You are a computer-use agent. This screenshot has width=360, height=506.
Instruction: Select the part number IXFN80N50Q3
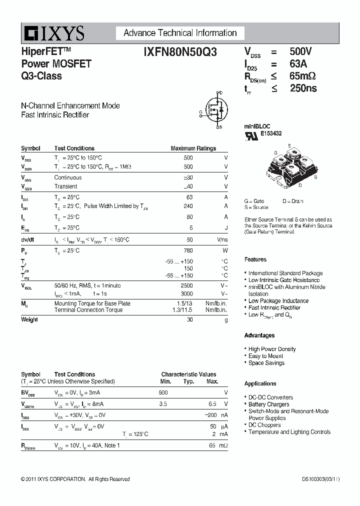pos(180,51)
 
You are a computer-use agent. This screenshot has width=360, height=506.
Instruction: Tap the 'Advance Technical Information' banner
pos(180,33)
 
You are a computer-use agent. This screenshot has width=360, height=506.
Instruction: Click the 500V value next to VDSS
pos(300,51)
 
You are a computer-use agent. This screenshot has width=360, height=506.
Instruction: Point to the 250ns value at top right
pos(303,88)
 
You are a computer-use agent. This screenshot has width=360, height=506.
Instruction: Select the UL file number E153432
pos(271,133)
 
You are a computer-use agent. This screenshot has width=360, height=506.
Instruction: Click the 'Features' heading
pos(255,259)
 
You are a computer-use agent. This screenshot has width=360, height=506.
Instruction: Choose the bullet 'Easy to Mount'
pos(265,356)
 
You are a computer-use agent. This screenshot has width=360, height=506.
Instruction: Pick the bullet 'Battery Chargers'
pos(268,404)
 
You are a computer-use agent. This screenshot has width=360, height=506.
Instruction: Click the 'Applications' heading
pos(260,383)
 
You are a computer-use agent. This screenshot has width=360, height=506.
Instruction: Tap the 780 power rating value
pos(188,250)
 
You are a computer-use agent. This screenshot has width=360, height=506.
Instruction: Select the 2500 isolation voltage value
pos(186,285)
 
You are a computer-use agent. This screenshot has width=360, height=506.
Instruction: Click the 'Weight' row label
pos(29,319)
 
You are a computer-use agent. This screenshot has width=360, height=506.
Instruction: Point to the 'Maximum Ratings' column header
pos(193,148)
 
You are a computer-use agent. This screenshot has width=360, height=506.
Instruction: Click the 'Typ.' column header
pos(188,381)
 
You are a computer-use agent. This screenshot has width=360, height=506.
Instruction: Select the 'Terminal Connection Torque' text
pos(88,310)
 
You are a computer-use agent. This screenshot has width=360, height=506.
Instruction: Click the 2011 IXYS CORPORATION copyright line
pos(75,479)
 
